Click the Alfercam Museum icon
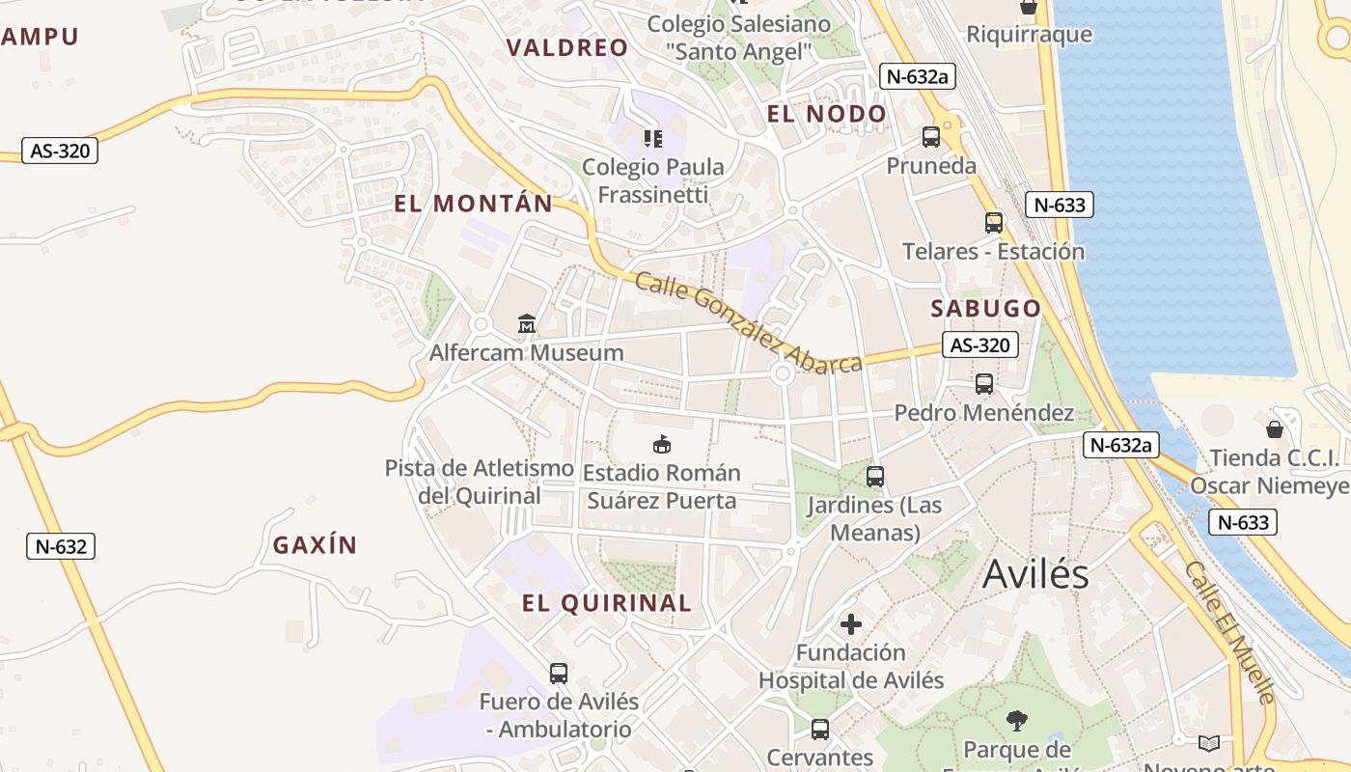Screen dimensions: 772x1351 tap(526, 324)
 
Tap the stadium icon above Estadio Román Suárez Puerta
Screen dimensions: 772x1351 tap(662, 444)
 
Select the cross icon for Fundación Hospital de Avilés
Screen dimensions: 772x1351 tap(850, 623)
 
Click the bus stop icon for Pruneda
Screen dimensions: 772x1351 tap(931, 137)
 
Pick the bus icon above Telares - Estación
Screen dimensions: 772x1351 tap(994, 223)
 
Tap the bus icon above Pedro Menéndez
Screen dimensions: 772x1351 tap(984, 384)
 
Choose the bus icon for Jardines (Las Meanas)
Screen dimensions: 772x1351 tap(875, 477)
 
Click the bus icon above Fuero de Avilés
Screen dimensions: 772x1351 tap(559, 674)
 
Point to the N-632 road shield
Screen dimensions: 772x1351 tap(61, 546)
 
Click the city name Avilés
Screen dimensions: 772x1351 tap(1035, 574)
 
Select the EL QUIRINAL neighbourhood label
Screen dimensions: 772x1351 tap(607, 604)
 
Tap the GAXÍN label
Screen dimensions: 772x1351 tap(315, 545)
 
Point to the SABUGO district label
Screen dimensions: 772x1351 tap(986, 309)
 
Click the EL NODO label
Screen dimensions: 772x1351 tap(826, 114)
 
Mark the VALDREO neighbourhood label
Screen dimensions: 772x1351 tap(567, 47)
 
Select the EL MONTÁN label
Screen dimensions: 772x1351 tap(474, 204)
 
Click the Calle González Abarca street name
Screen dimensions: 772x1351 tap(749, 322)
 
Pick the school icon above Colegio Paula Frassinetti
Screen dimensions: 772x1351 tap(653, 139)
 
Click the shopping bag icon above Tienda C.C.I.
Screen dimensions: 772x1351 tap(1274, 428)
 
